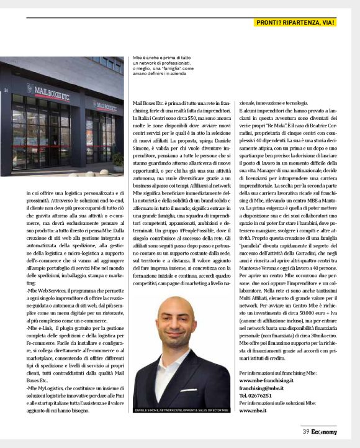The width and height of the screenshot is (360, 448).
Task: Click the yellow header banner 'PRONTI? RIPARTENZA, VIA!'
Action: pyautogui.click(x=295, y=23)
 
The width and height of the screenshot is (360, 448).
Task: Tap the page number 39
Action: pyautogui.click(x=306, y=432)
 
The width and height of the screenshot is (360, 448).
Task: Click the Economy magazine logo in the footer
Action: pyautogui.click(x=325, y=432)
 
